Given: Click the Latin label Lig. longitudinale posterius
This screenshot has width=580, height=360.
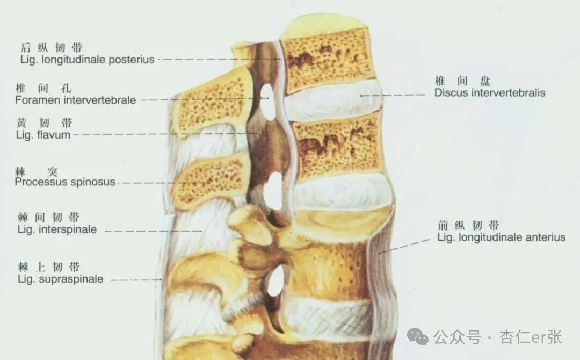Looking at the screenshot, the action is [x=86, y=60].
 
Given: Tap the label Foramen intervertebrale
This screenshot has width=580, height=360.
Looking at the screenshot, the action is [x=76, y=100].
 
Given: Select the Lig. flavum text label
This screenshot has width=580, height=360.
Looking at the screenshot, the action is [x=44, y=135].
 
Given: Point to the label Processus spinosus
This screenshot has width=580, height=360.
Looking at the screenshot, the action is [x=65, y=182].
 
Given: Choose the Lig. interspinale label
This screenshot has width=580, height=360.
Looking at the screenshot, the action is [x=57, y=229].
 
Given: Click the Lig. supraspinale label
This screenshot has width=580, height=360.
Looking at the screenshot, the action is [x=60, y=279].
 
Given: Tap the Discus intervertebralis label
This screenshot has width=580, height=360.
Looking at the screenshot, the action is [x=489, y=93].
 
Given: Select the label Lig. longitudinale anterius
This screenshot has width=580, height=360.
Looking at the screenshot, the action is [x=501, y=237].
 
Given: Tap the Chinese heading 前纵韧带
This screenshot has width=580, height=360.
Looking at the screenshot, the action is [x=468, y=226].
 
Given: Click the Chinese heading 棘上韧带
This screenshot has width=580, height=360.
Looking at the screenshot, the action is [x=49, y=267].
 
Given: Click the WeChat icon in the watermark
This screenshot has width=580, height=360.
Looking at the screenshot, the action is [x=418, y=337].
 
